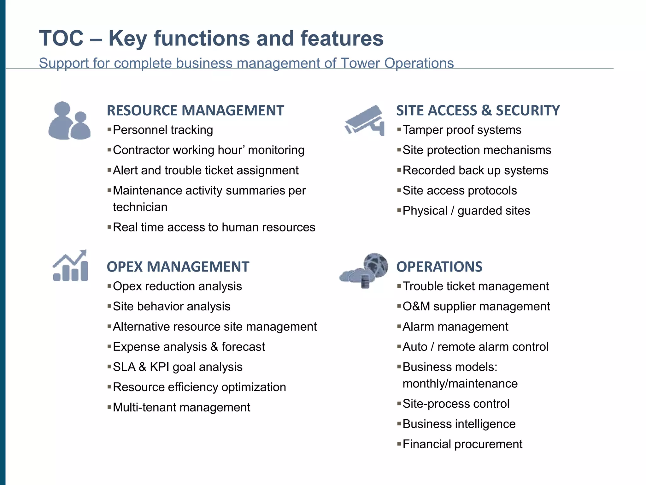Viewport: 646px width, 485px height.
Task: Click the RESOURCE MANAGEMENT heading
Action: click(x=195, y=111)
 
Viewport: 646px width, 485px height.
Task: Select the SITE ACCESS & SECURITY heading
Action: click(x=478, y=111)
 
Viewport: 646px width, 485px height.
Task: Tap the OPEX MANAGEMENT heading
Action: click(x=178, y=267)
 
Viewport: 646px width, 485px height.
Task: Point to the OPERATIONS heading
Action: click(x=439, y=267)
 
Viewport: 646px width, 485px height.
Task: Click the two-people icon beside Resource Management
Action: click(x=69, y=121)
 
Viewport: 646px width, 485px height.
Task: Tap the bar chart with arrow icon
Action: click(x=70, y=266)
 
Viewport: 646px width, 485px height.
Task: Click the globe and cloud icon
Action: click(x=365, y=270)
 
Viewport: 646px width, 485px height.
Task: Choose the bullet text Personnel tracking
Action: click(x=163, y=130)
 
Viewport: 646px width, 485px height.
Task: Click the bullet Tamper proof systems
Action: click(x=462, y=130)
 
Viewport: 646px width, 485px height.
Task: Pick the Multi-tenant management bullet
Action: click(x=181, y=407)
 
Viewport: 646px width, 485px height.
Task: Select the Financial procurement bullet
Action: click(x=462, y=444)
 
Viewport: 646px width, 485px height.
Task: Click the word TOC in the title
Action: click(x=61, y=39)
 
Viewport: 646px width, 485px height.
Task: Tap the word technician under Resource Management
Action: click(x=140, y=207)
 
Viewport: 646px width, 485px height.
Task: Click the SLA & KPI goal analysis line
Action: click(x=178, y=367)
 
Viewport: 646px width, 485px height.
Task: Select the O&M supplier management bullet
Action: click(x=476, y=307)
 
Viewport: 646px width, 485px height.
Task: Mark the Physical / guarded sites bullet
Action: click(x=466, y=211)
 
